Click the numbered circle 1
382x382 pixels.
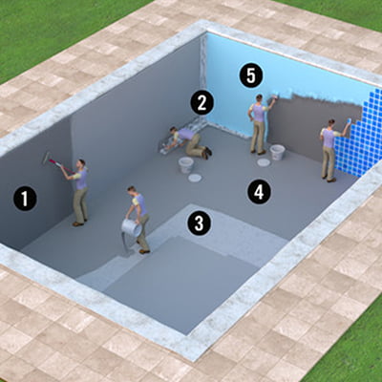[x=25, y=199]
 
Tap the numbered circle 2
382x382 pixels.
[x=202, y=102]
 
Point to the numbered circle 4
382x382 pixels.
[x=259, y=192]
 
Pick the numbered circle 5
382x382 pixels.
[x=251, y=76]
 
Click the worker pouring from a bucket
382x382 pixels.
[x=138, y=220]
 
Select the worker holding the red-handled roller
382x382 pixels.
[x=78, y=191]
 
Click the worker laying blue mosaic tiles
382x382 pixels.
[x=329, y=150]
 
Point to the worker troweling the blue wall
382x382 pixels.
[x=259, y=124]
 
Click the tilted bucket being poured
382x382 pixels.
[x=131, y=228]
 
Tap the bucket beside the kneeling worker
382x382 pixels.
[x=186, y=165]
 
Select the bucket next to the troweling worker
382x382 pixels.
[x=277, y=153]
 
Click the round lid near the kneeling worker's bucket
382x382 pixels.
[x=195, y=178]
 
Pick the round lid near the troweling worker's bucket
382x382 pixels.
[x=264, y=162]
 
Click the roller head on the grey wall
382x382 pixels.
[x=47, y=158]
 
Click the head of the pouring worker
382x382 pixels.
[x=131, y=190]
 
